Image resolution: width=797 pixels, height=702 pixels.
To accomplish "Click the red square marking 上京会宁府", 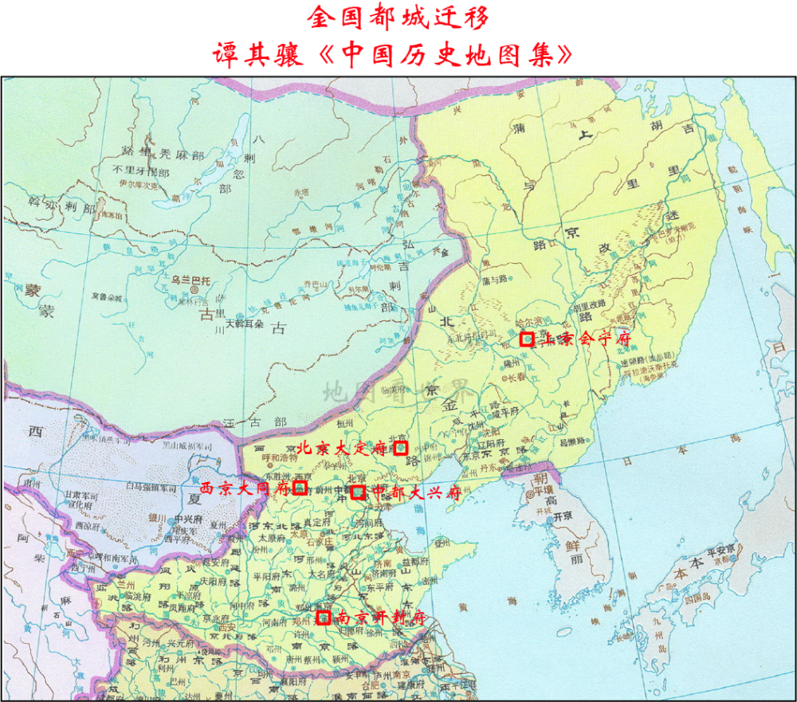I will point(527,339).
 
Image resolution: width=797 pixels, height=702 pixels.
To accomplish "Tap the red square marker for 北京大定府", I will point(402,448).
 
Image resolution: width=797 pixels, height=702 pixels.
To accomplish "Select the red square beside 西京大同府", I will point(300,487).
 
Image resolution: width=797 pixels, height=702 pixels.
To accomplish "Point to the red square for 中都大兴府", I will point(358,492).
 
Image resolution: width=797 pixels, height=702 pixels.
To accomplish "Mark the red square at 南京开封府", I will point(323,617).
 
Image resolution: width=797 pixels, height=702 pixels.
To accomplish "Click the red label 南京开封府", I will point(379,618).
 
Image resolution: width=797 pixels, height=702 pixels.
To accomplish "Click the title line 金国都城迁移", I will point(398,16).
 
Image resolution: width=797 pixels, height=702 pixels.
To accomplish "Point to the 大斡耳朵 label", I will point(244,324).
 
